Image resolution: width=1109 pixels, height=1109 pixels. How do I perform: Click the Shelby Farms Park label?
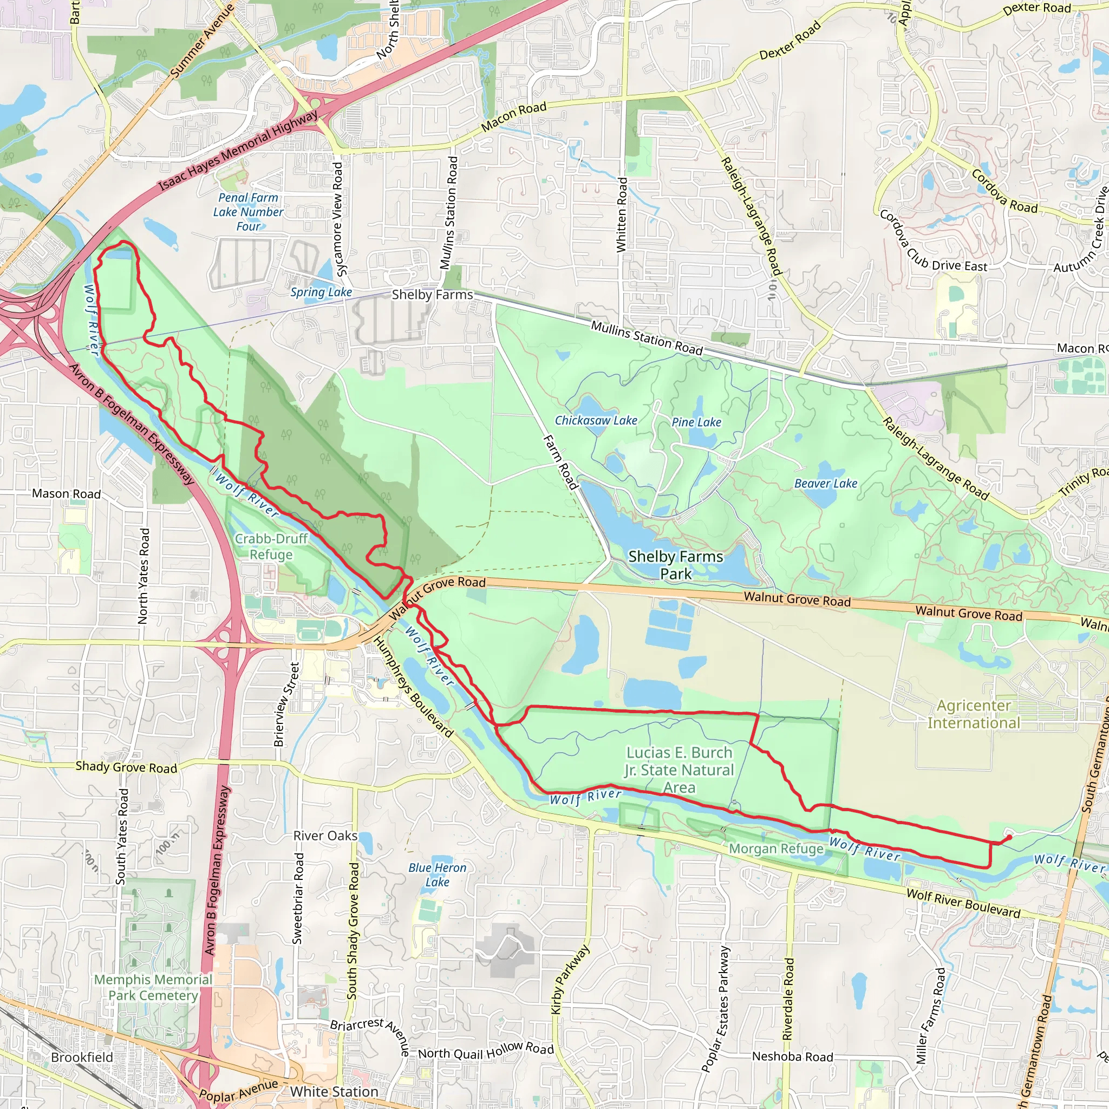(676, 565)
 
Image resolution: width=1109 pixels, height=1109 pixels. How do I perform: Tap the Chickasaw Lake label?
(596, 420)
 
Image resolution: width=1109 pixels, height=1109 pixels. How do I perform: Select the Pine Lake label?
(696, 422)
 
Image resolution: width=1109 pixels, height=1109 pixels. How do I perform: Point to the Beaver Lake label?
(825, 484)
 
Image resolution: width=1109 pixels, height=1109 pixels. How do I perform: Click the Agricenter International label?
(974, 714)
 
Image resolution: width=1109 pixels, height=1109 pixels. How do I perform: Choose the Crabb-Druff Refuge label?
(271, 546)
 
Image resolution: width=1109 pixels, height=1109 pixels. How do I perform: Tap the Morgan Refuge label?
(776, 849)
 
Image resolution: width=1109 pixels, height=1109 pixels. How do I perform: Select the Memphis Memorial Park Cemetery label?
(153, 987)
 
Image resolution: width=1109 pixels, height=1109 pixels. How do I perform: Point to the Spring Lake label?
(321, 292)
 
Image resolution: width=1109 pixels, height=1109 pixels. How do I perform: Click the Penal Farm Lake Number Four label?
(248, 212)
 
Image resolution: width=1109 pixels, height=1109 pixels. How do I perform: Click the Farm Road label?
(560, 462)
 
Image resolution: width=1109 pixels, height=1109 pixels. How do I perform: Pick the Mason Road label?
(66, 494)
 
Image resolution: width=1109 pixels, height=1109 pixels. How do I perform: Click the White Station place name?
(334, 1091)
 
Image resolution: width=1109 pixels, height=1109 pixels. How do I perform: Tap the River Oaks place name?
(325, 836)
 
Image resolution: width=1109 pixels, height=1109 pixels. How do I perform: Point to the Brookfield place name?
(82, 1058)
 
